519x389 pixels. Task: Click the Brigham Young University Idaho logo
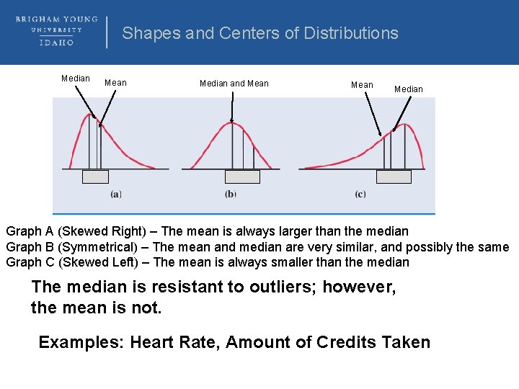pyautogui.click(x=56, y=31)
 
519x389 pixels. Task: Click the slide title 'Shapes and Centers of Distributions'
pyautogui.click(x=259, y=33)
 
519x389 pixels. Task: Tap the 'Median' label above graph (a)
pyautogui.click(x=76, y=79)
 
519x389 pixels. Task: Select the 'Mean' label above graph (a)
pyautogui.click(x=115, y=83)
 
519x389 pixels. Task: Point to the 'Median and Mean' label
pyautogui.click(x=234, y=84)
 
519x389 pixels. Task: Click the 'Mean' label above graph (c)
pyautogui.click(x=362, y=85)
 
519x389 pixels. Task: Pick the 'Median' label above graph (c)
pyautogui.click(x=408, y=89)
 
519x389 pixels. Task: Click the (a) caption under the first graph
pyautogui.click(x=115, y=194)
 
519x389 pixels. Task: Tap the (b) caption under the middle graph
pyautogui.click(x=230, y=194)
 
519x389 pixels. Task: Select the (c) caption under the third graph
pyautogui.click(x=360, y=194)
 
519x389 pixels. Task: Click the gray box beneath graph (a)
pyautogui.click(x=95, y=176)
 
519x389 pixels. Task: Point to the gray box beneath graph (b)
pyautogui.click(x=242, y=176)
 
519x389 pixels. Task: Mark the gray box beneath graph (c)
pyautogui.click(x=394, y=176)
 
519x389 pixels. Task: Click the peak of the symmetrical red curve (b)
pyautogui.click(x=231, y=122)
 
